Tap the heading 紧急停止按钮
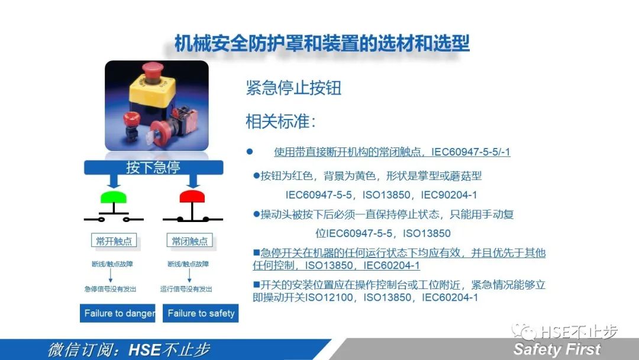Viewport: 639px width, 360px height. point(293,88)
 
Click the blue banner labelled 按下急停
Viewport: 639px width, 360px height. point(153,167)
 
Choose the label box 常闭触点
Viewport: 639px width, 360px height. point(190,241)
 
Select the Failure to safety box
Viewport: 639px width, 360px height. point(201,313)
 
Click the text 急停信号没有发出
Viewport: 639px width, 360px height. point(110,289)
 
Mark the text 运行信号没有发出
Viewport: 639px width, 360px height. point(186,289)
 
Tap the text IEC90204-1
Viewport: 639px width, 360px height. point(449,195)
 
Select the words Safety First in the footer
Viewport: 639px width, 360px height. point(557,349)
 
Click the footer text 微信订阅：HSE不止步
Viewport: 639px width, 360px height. point(128,349)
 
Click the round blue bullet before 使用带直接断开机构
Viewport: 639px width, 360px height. point(250,152)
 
